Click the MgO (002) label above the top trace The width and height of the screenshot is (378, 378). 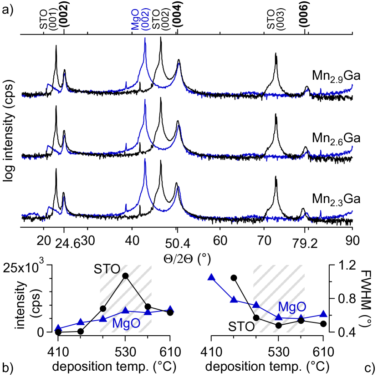point(140,19)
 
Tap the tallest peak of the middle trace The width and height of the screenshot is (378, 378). point(145,101)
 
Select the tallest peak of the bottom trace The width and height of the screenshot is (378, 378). point(145,159)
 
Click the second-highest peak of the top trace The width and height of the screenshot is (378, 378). point(179,64)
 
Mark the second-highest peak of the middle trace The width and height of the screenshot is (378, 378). point(179,125)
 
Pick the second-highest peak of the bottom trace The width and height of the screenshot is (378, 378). point(179,187)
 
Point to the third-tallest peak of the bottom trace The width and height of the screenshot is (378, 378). point(64,197)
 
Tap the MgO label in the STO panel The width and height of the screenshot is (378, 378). point(126,324)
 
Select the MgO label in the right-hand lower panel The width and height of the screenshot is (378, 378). point(292,307)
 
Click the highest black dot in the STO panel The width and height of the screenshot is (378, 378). point(125,276)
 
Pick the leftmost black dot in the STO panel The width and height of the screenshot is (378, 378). point(103,308)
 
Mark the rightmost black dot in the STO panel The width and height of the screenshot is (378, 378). point(148,306)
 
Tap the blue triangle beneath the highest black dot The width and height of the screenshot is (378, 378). point(125,310)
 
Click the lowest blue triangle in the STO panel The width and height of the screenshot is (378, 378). point(58,327)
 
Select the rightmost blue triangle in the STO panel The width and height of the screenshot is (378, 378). point(170,308)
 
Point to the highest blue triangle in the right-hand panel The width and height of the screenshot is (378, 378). point(211,277)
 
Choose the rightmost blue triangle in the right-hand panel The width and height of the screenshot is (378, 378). point(323,313)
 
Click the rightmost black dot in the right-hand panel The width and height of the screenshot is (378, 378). point(301,321)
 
